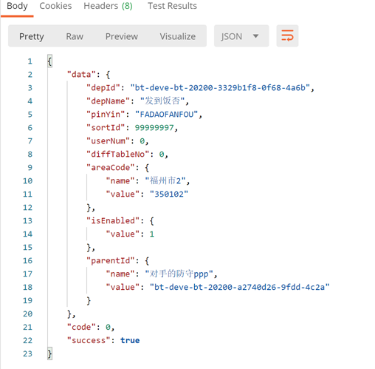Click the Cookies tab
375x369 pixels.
(55, 6)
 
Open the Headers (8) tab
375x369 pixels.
(108, 6)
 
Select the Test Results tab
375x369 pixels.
(172, 6)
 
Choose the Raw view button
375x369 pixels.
(75, 36)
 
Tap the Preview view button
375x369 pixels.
(122, 36)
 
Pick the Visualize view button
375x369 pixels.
(178, 36)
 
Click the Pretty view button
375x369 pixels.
(32, 37)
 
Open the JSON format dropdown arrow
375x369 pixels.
(256, 36)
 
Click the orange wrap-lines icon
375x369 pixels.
(287, 35)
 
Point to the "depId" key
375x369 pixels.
(103, 88)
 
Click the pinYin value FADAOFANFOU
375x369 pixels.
(167, 115)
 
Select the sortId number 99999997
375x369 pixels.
(154, 128)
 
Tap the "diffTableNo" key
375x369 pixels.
(117, 155)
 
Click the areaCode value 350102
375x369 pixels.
(169, 194)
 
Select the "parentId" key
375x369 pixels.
(111, 260)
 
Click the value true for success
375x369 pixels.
(130, 340)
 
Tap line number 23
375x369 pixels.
(27, 353)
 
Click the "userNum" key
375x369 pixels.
(108, 141)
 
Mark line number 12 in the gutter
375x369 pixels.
(27, 208)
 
